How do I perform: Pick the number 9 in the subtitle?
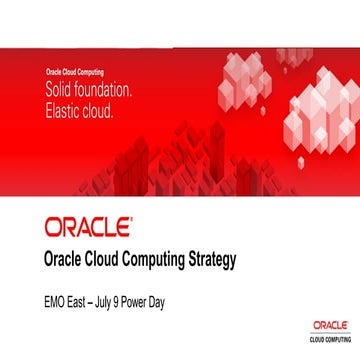pyautogui.click(x=116, y=299)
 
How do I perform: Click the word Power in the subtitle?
pyautogui.click(x=137, y=299)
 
